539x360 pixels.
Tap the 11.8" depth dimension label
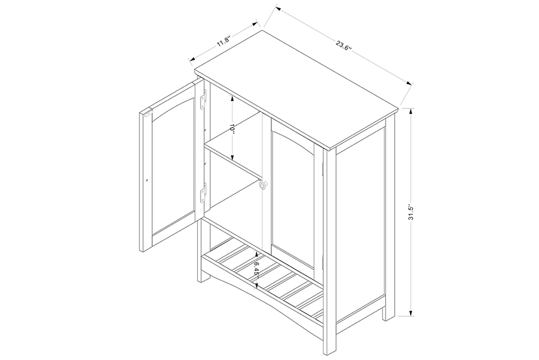[x=223, y=42]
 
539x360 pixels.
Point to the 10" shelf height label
[x=232, y=129]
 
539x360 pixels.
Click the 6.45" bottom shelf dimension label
[x=256, y=268]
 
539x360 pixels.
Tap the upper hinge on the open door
[x=204, y=99]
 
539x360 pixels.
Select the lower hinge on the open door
[x=204, y=192]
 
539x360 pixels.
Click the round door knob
[x=263, y=185]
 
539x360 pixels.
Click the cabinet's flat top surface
[x=296, y=89]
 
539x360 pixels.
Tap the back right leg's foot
[x=389, y=314]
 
